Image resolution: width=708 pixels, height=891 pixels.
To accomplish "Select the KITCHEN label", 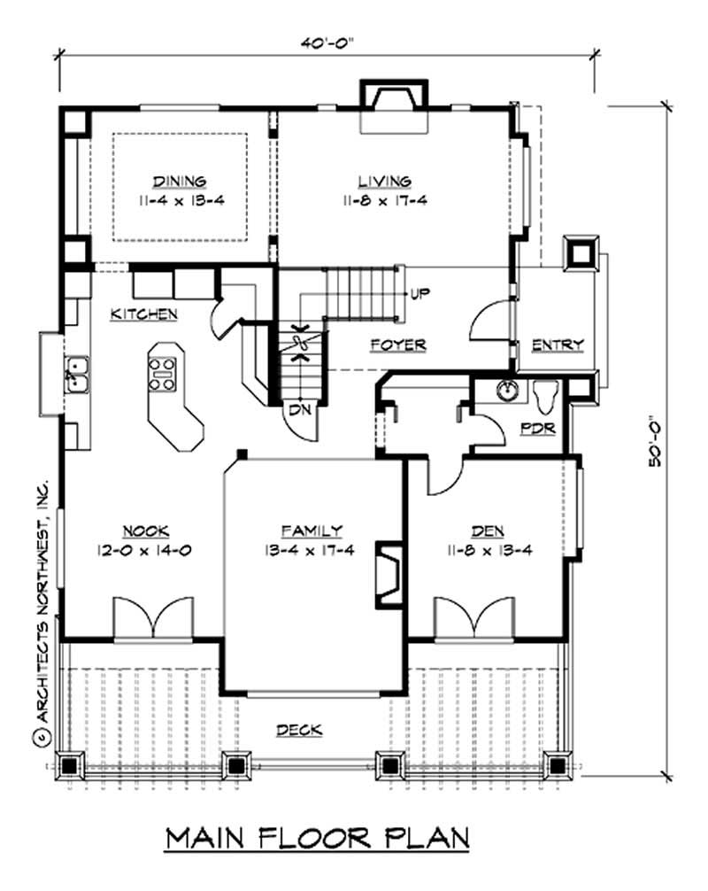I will [144, 314].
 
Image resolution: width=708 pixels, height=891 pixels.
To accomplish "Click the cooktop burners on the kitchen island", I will [164, 372].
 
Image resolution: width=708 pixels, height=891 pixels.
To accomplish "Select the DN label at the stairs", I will [297, 410].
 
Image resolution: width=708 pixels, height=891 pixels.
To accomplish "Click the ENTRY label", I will [557, 345].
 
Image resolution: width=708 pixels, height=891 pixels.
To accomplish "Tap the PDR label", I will [537, 429].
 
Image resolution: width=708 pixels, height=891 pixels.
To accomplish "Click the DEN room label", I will [487, 531].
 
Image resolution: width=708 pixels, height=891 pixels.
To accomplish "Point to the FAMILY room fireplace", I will [386, 576].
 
